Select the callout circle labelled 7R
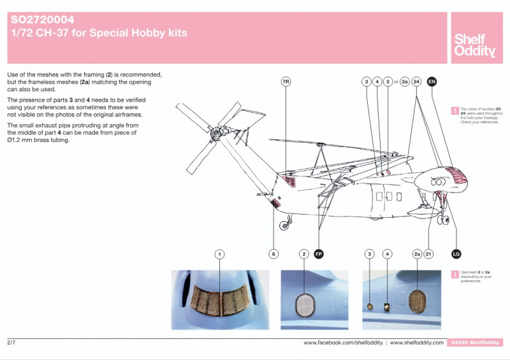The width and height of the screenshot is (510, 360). point(286,82)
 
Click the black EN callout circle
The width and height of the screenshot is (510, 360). point(432,82)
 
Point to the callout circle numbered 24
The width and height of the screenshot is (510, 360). point(416,82)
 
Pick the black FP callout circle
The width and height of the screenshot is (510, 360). point(319,254)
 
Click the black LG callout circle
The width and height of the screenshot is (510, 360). point(456,254)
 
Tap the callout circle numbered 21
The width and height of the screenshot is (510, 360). point(429,254)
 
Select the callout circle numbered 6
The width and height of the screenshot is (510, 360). point(273,254)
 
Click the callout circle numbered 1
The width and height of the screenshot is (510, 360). point(219,254)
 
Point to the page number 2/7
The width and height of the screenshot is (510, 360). point(11,343)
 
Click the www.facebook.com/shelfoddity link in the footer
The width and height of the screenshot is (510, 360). point(343,343)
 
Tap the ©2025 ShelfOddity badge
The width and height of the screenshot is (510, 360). point(476,343)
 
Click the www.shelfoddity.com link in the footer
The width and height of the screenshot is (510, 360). point(417,343)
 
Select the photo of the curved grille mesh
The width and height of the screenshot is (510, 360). point(219,299)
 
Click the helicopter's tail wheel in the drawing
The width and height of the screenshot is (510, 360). point(285,224)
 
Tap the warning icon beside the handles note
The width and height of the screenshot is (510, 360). point(455,111)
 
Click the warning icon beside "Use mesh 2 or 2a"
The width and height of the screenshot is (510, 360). point(455,274)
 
